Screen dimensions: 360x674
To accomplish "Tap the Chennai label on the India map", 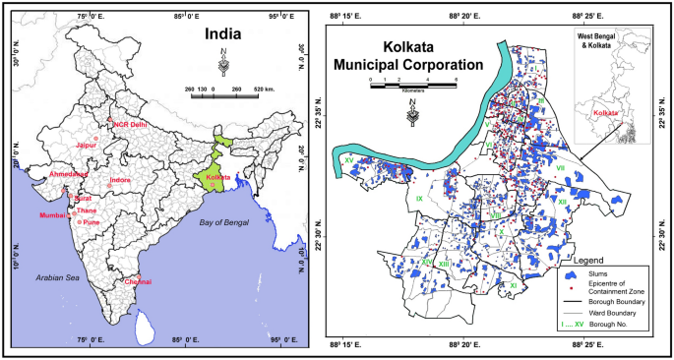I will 138,281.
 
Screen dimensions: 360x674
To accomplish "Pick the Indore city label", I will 119,180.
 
